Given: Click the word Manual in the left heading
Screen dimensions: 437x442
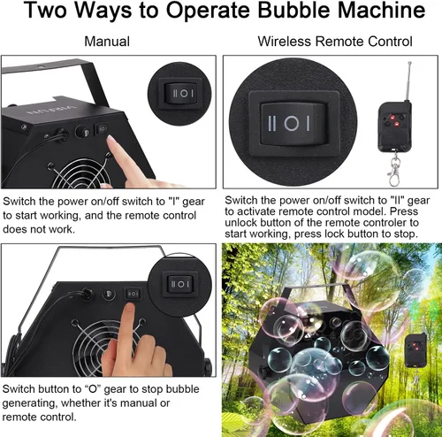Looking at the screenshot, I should pyautogui.click(x=106, y=42).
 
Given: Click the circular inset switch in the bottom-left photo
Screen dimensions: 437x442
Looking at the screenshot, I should pyautogui.click(x=179, y=284).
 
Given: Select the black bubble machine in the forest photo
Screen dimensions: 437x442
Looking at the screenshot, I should pyautogui.click(x=318, y=354).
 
